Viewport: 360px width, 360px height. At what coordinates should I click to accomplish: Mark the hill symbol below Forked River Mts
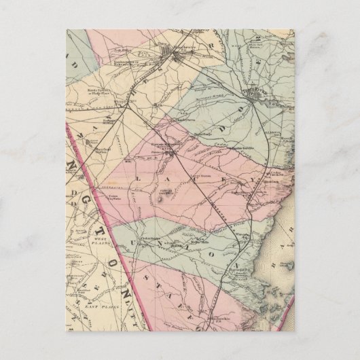coord(161,201)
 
